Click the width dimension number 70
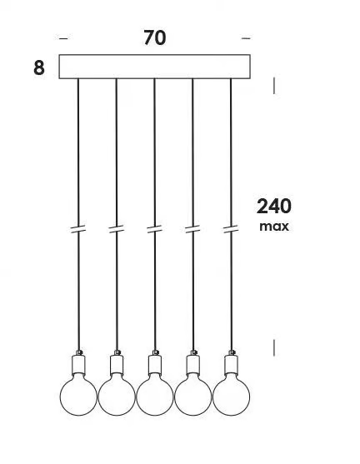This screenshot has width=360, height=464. click(154, 37)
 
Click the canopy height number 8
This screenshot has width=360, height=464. click(39, 67)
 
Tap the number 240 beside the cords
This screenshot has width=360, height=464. click(274, 207)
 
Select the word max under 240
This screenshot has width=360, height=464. click(274, 227)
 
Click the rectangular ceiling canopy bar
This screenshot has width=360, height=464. click(154, 67)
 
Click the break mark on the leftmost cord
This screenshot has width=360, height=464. click(78, 229)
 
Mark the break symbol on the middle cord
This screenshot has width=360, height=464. click(154, 229)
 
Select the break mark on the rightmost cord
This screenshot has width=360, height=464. click(231, 229)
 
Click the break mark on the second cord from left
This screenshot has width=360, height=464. click(117, 229)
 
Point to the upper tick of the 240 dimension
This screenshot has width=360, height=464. click(274, 86)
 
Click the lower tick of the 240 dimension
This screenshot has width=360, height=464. click(274, 347)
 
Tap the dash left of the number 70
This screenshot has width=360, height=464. click(63, 38)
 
